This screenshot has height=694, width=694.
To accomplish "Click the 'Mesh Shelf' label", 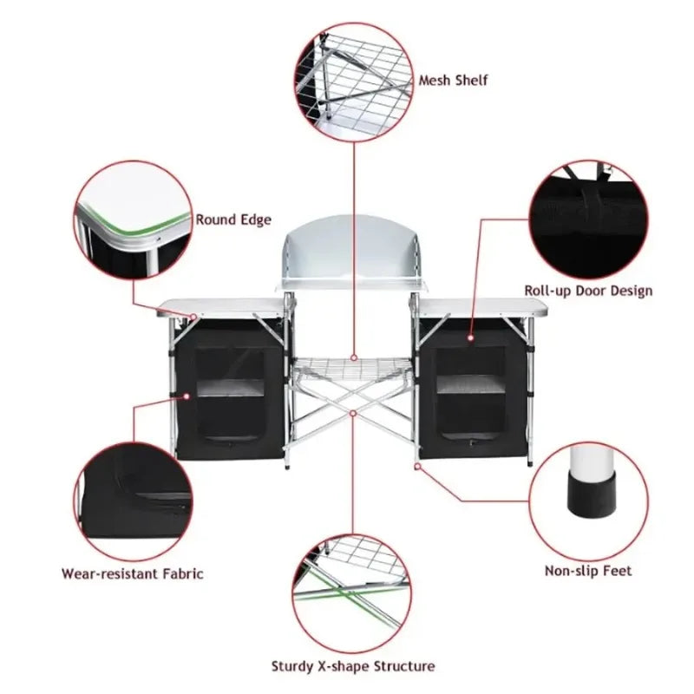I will coord(454,81).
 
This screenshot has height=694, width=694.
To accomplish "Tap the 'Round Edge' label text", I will coord(233,220).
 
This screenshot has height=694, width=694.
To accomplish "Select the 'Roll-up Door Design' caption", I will coord(588,291).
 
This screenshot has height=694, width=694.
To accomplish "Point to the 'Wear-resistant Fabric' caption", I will coord(133,573).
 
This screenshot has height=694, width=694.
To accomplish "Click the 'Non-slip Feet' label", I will coord(588,571).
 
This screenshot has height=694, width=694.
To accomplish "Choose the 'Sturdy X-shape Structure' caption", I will coord(352,666).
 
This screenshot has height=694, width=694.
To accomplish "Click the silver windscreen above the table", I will coord(353,252).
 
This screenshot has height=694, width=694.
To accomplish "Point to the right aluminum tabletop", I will coord(482,306).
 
